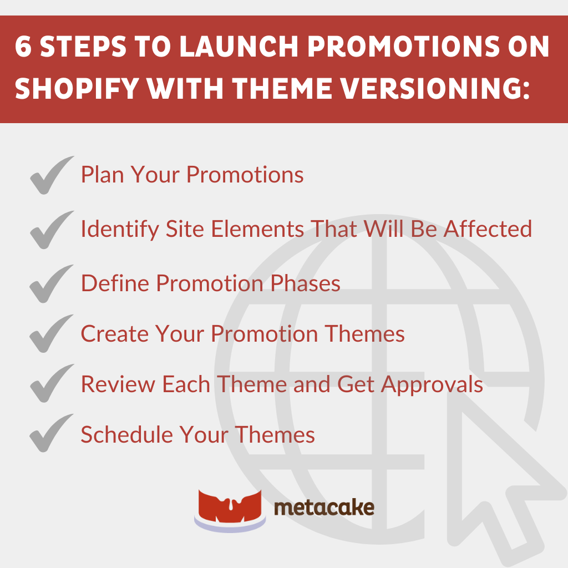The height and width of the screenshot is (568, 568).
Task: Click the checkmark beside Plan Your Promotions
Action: [x=52, y=175]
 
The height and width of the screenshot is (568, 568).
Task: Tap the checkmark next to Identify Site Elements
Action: [x=52, y=230]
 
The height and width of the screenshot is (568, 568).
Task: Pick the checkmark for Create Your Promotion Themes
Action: [x=52, y=334]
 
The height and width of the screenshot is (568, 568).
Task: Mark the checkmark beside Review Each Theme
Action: [x=52, y=384]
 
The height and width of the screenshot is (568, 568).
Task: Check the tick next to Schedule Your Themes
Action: [x=52, y=434]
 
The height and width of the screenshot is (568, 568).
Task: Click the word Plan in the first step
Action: [x=103, y=175]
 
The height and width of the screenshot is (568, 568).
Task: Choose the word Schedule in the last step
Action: [x=125, y=434]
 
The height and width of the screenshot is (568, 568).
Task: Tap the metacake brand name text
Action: [x=324, y=508]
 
